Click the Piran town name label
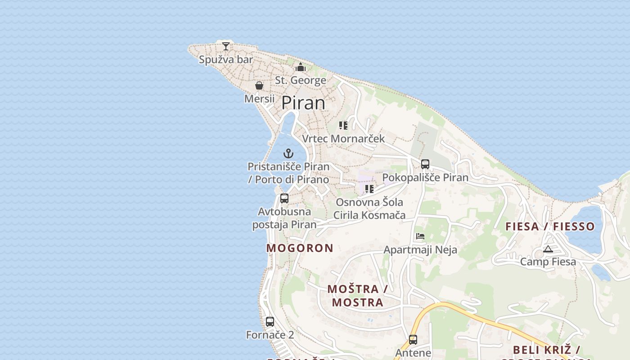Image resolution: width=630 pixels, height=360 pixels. (x=303, y=103)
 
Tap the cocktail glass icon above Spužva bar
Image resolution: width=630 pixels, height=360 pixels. (x=226, y=46)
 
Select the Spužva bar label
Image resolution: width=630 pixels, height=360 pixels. (x=226, y=59)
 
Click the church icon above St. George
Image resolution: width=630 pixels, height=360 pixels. (x=301, y=67)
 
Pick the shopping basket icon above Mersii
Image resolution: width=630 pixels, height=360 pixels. (x=259, y=85)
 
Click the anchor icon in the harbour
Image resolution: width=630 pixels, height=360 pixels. (x=288, y=153)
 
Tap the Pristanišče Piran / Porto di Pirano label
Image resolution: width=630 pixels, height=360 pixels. (x=288, y=173)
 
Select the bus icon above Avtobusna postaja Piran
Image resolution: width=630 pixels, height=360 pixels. (x=284, y=198)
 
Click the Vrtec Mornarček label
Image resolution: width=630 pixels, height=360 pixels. (x=343, y=139)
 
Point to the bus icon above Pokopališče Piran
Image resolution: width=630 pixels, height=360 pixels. (x=425, y=164)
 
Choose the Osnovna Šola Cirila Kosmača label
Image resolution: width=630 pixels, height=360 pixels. (x=369, y=209)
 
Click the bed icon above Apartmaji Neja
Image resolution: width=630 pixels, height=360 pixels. (x=420, y=236)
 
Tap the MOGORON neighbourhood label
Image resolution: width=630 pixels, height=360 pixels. (x=300, y=248)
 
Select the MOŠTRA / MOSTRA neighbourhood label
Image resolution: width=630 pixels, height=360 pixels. (x=358, y=296)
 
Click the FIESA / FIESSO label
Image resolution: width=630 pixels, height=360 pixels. (x=550, y=226)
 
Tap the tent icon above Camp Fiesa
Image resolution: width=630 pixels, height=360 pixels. (x=548, y=249)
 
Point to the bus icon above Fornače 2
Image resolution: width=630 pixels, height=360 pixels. (x=270, y=322)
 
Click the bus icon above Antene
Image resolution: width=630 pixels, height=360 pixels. (x=413, y=340)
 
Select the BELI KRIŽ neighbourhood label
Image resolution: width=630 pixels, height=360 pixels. (x=546, y=350)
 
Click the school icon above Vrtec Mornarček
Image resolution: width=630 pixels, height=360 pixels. (x=343, y=126)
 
